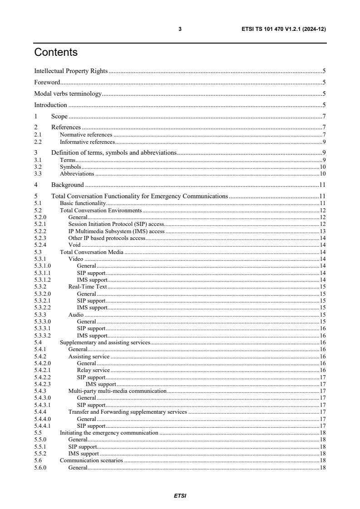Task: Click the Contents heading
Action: pos(56,53)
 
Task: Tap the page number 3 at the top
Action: pos(180,29)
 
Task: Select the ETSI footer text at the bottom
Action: pos(180,495)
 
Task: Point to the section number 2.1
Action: pos(38,135)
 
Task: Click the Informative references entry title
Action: pos(87,142)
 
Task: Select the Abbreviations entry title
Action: pos(77,174)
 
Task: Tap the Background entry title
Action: pos(67,185)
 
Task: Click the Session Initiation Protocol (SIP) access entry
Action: pos(116,224)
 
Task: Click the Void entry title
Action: pos(74,245)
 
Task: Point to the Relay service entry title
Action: pos(93,370)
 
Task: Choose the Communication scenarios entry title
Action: pos(92,461)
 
